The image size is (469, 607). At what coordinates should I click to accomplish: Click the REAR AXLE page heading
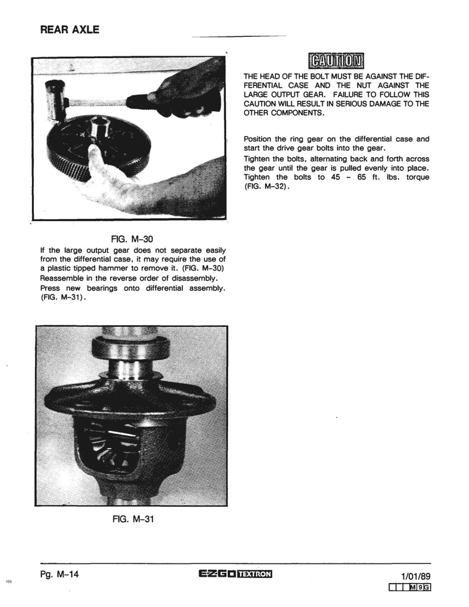click(69, 30)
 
